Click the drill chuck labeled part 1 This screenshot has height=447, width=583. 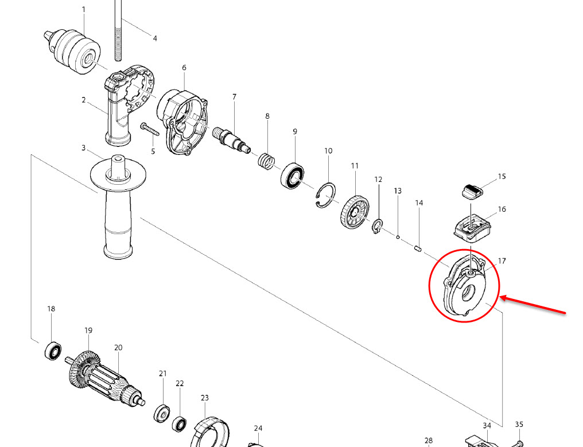(x=73, y=51)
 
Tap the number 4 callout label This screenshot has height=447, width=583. (x=155, y=38)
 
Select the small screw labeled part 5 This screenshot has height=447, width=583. (x=149, y=129)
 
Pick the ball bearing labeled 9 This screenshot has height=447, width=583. (x=293, y=176)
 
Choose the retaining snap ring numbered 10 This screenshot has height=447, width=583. (x=326, y=196)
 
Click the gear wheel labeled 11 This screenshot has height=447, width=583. (x=355, y=213)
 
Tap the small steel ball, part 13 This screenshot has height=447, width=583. (x=398, y=237)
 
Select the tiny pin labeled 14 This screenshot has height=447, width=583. (x=418, y=248)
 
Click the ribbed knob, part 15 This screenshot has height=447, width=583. (x=472, y=191)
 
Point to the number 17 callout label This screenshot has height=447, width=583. (x=502, y=261)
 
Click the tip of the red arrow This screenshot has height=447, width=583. (x=500, y=297)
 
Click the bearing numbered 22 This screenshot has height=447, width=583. (x=179, y=425)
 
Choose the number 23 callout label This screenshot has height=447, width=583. (x=205, y=398)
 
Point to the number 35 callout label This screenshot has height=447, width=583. (x=519, y=424)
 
